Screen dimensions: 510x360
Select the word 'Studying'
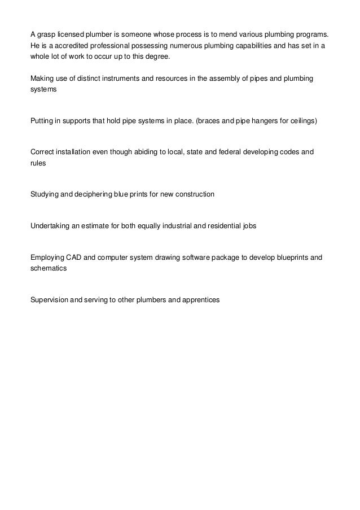point(44,195)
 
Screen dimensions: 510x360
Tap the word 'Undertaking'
point(50,226)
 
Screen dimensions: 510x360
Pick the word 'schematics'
point(49,269)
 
